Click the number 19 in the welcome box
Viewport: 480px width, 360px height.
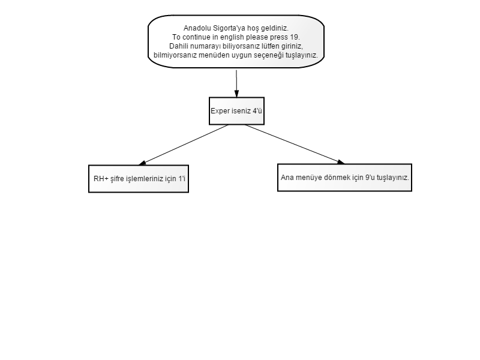point(294,37)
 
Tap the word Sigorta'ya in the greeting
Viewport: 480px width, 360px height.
point(227,28)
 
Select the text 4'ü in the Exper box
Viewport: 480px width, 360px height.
point(257,111)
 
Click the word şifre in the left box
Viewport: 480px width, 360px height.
point(117,179)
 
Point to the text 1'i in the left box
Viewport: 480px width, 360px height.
point(182,179)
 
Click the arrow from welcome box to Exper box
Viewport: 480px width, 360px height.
point(236,84)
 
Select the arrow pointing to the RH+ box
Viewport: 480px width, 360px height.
point(184,145)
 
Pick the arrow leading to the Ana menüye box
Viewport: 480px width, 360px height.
point(295,144)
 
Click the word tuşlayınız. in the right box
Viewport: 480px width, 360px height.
point(393,178)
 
